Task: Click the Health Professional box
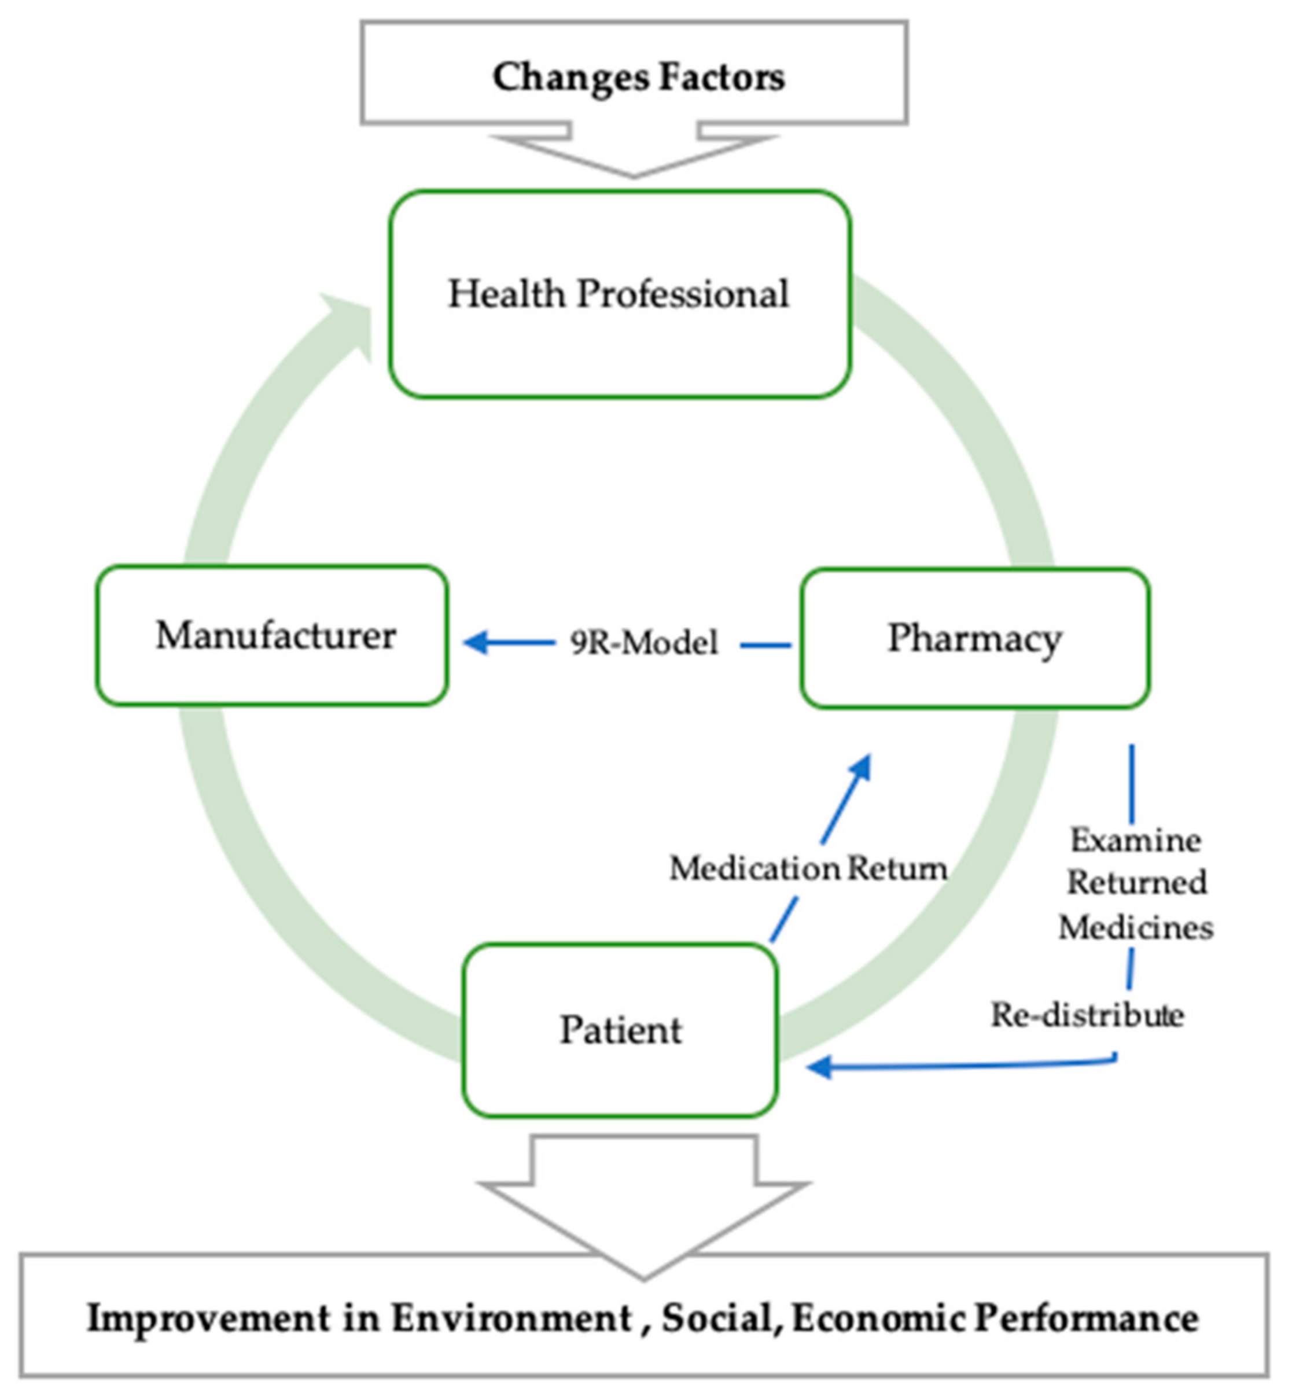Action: [620, 293]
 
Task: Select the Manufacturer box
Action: [272, 635]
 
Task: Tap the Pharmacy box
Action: [974, 638]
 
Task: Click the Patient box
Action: [620, 1030]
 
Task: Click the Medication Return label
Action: [808, 869]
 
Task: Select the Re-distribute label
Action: [1087, 1015]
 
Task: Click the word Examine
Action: [1135, 840]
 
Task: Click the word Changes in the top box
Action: [570, 77]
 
